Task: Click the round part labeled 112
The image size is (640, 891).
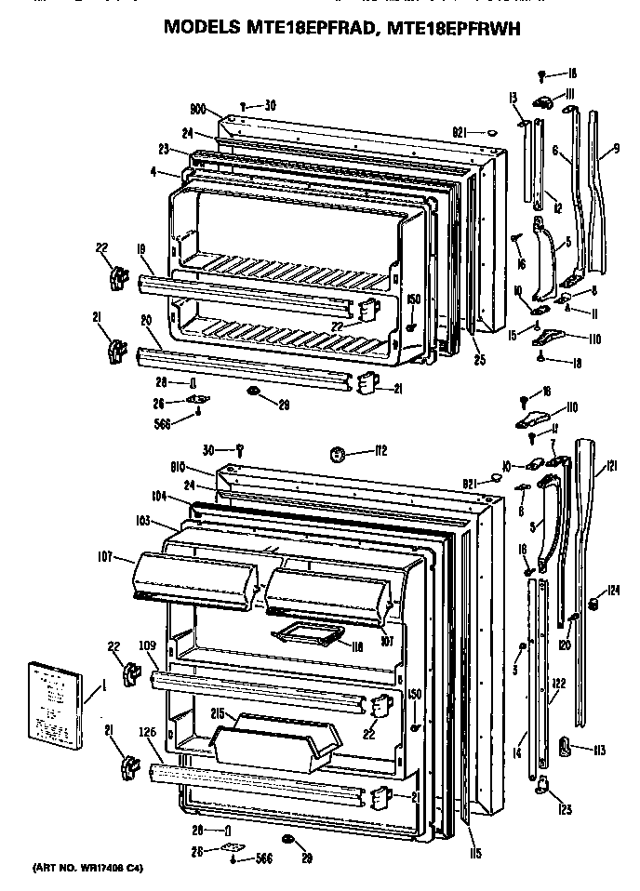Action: point(339,454)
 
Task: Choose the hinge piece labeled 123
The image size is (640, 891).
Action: point(540,790)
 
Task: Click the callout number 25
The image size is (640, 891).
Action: point(480,359)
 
